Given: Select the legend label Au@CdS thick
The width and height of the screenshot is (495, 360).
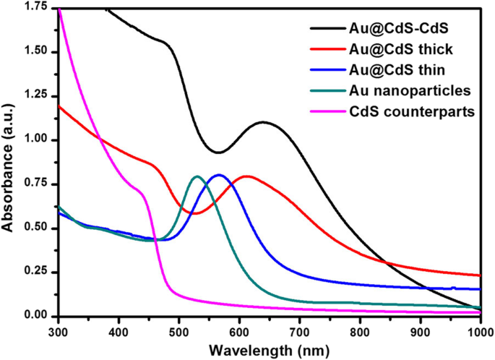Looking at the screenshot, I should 392,49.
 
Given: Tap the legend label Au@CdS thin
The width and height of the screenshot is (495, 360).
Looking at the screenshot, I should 388,70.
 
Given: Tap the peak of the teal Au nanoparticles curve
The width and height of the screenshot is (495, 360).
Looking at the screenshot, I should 197,176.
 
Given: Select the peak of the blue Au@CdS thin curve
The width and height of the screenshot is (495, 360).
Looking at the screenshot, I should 219,175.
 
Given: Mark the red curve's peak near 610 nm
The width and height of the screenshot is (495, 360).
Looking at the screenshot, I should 247,176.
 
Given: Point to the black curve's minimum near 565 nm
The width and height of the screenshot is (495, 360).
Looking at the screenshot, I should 218,152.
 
